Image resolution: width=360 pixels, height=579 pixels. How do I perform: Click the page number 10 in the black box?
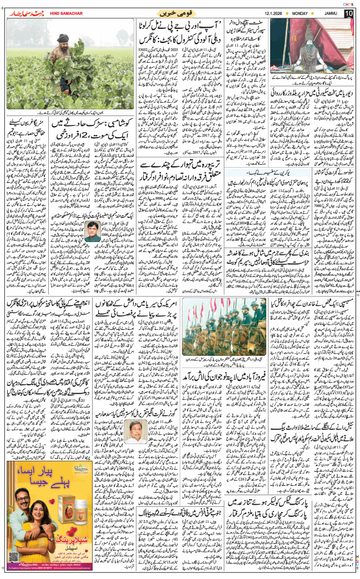tap(348, 13)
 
